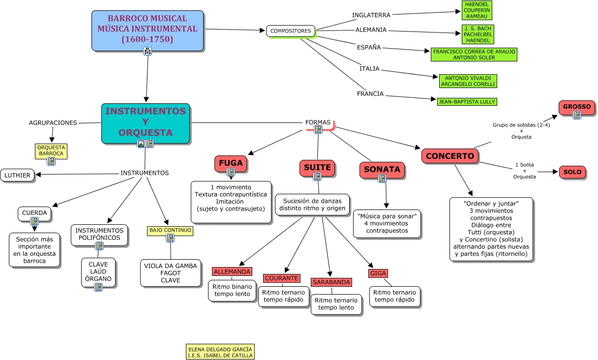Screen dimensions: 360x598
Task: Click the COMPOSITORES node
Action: (x=291, y=31)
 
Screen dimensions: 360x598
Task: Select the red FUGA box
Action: (x=231, y=162)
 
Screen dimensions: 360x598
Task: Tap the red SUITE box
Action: (x=317, y=167)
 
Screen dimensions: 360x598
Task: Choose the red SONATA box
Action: (x=382, y=169)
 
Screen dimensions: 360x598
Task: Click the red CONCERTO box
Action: (x=450, y=156)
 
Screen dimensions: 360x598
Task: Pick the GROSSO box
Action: (x=577, y=107)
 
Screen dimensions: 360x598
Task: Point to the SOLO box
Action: (x=572, y=172)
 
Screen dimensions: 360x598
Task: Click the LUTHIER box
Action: (x=18, y=175)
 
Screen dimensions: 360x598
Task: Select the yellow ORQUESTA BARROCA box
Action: (x=51, y=150)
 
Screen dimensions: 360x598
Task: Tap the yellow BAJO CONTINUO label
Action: (x=170, y=230)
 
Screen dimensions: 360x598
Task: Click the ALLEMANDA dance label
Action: (x=232, y=271)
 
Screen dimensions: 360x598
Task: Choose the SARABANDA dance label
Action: (x=331, y=282)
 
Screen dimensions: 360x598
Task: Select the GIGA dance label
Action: (x=378, y=273)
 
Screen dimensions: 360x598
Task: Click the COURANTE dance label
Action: (x=281, y=278)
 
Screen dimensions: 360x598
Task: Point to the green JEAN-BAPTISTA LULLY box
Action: (x=467, y=102)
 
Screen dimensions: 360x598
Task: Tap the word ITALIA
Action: (x=369, y=69)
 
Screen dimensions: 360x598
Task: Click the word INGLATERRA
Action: (x=371, y=15)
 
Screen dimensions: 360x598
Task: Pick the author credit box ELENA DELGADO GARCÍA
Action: (x=220, y=352)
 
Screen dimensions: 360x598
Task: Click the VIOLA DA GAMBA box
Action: (x=170, y=273)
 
